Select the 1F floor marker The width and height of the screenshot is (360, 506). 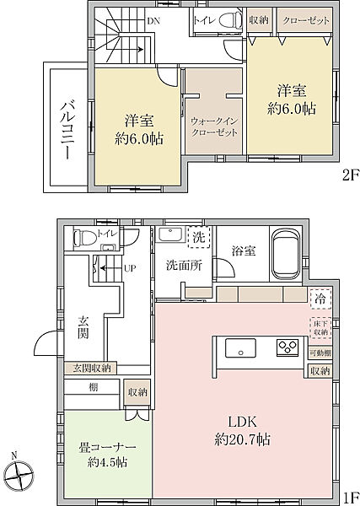[x=347, y=497]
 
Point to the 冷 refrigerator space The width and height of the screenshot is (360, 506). [x=320, y=299]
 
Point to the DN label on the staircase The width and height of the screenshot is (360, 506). [x=153, y=20]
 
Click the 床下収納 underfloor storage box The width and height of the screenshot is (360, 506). [x=320, y=326]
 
